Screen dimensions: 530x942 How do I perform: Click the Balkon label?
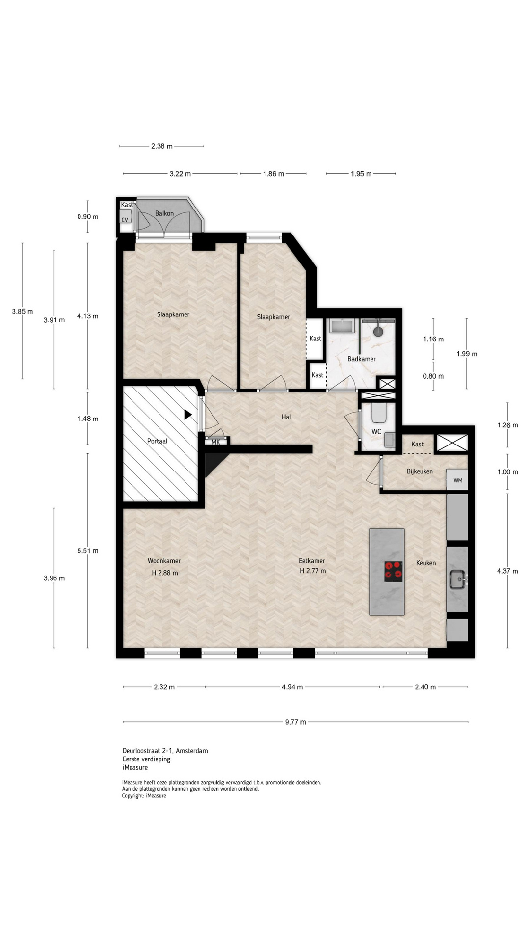[164, 213]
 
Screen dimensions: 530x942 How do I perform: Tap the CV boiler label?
[125, 220]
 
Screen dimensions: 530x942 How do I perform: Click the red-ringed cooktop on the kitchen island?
[394, 572]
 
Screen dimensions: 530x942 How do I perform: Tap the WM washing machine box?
[457, 480]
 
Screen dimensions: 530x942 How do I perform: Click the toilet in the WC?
[379, 413]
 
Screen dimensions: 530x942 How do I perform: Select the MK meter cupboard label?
[216, 442]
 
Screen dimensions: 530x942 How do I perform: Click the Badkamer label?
[362, 359]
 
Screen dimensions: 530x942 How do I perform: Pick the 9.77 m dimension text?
[295, 722]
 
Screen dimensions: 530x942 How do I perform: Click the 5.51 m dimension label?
[88, 551]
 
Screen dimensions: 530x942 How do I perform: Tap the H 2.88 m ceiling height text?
[165, 573]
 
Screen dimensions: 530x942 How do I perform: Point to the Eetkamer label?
[312, 561]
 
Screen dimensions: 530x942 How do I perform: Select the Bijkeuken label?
[420, 471]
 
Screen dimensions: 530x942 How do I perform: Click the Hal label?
[286, 417]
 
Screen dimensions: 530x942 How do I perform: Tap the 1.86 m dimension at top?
[273, 174]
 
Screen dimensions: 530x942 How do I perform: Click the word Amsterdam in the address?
[192, 751]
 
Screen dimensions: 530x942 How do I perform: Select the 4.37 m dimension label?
[507, 571]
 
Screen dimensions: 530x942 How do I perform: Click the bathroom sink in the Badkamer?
[343, 326]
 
